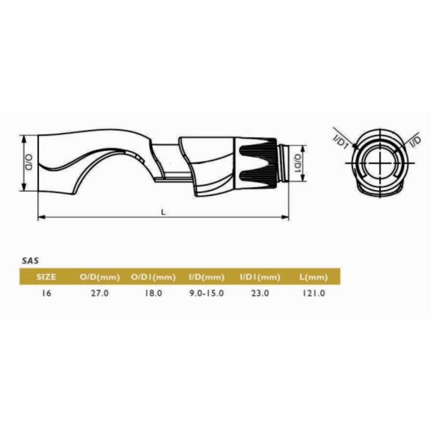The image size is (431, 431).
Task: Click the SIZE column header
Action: click(x=46, y=277)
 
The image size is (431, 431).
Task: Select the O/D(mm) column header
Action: click(x=100, y=277)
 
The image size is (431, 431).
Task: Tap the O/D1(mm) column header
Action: click(x=153, y=277)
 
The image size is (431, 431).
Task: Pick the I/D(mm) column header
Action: click(x=207, y=277)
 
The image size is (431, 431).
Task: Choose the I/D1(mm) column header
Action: click(x=260, y=277)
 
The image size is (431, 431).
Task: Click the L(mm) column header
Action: click(x=313, y=277)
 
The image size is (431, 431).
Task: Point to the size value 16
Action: click(x=47, y=293)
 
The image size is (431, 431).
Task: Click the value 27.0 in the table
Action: click(x=100, y=293)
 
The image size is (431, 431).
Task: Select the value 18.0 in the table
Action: click(x=153, y=293)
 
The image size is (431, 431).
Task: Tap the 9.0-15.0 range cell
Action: click(x=207, y=293)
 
